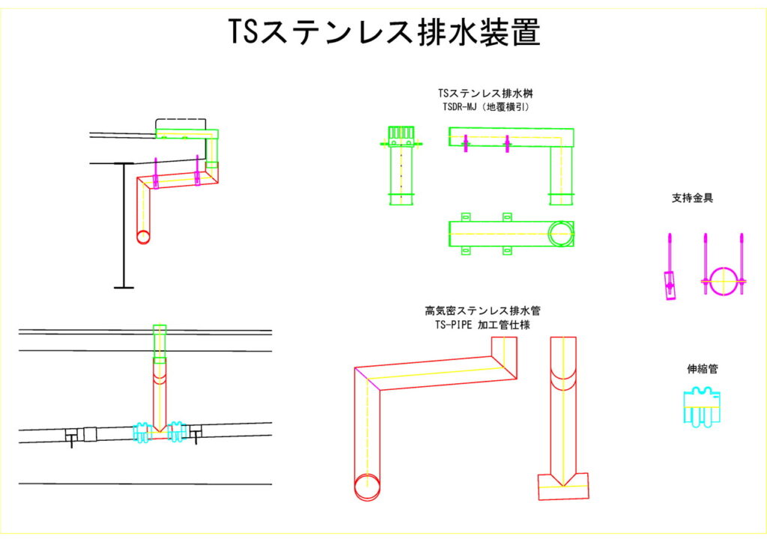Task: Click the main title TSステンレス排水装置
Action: point(383,32)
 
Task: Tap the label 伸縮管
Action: point(703,369)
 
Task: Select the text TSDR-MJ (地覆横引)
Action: point(486,108)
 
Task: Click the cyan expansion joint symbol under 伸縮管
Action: point(702,407)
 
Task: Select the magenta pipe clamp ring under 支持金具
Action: point(724,281)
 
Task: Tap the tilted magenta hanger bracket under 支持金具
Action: point(669,284)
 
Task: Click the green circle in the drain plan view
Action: point(560,234)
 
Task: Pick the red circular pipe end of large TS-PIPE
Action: point(366,487)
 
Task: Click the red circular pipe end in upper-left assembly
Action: point(143,237)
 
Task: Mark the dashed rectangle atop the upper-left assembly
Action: point(181,124)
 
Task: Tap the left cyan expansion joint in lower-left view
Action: point(141,431)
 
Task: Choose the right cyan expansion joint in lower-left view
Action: point(178,431)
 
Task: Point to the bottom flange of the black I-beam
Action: point(124,287)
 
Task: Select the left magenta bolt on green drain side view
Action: point(465,142)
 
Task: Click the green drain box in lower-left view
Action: point(160,344)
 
